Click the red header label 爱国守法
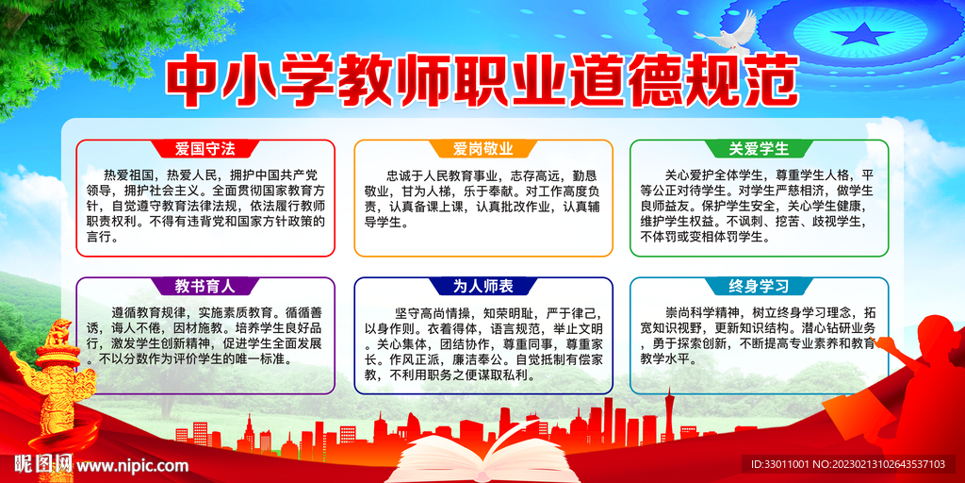coord(204,149)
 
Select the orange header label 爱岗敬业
coord(482,149)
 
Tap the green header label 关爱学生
coord(759,149)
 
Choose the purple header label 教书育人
coord(204,285)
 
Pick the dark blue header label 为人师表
coord(482,285)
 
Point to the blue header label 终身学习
coord(759,285)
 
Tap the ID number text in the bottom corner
coord(852,464)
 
